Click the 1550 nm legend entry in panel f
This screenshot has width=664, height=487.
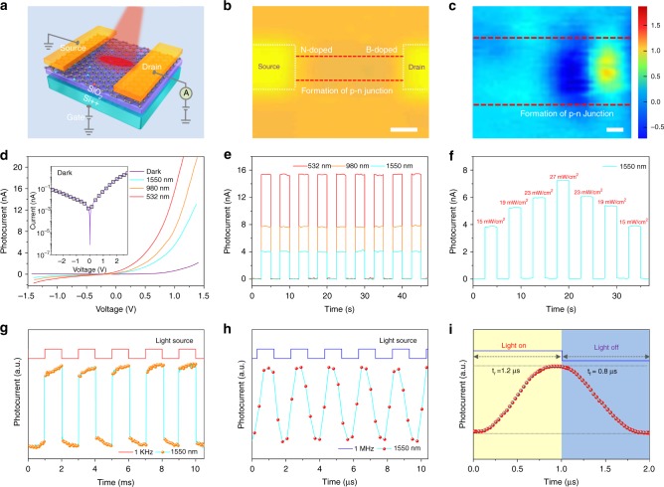(x=618, y=174)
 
